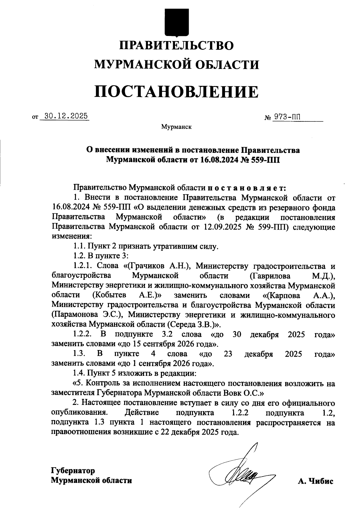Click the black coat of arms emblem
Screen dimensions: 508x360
176,22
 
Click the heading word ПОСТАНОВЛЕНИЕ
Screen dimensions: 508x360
176,92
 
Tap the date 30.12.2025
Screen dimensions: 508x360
65,116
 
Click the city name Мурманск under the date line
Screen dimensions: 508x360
176,127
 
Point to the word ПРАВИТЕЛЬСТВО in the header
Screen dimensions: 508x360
176,46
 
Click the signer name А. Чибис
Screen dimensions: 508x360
316,481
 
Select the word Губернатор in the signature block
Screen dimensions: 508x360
73,471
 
